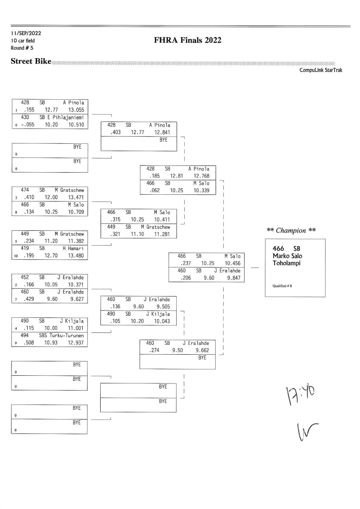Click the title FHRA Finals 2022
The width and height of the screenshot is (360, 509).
pyautogui.click(x=188, y=41)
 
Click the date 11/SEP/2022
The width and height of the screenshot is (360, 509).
pyautogui.click(x=26, y=33)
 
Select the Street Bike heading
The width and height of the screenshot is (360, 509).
pyautogui.click(x=31, y=62)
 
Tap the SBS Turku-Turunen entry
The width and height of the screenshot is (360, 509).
pyautogui.click(x=64, y=335)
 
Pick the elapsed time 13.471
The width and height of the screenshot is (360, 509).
pyautogui.click(x=76, y=198)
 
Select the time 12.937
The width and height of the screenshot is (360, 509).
pyautogui.click(x=76, y=342)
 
